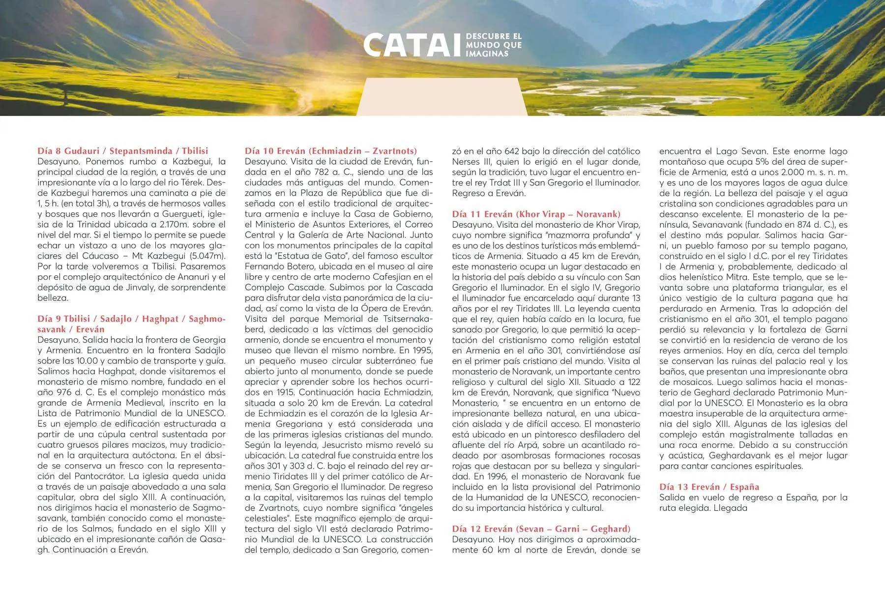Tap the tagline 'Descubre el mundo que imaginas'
493,45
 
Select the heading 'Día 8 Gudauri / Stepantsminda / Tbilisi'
123,151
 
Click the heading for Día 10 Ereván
331,151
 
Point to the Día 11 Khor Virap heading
536,214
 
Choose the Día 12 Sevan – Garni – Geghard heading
541,529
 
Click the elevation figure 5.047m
208,256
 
